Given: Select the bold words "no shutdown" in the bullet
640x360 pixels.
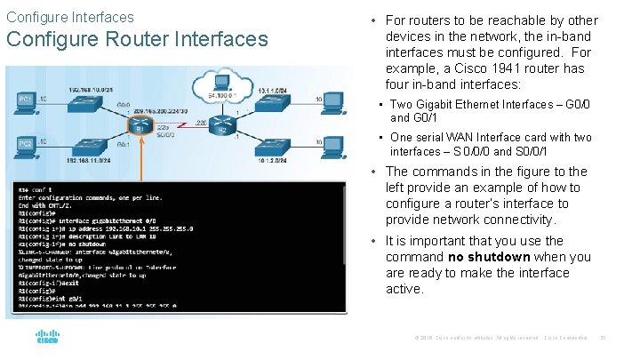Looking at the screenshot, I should pos(489,257).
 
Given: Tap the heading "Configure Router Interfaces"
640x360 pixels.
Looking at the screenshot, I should pos(137,39).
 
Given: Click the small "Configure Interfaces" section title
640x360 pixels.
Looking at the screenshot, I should pos(70,17).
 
